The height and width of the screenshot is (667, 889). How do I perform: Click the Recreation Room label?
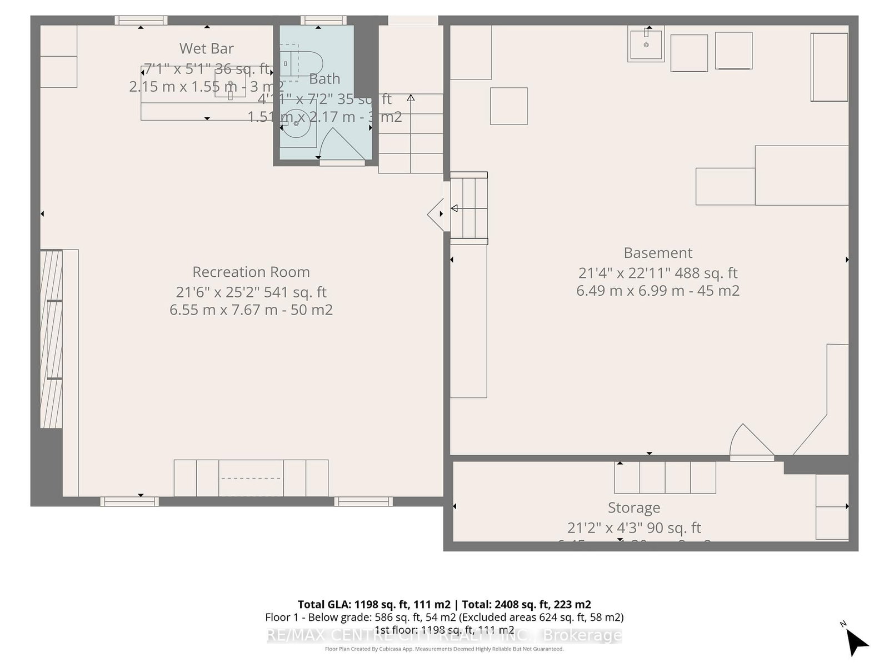point(251,272)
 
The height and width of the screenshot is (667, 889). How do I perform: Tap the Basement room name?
point(658,253)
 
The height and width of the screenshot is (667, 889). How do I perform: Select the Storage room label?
point(634,507)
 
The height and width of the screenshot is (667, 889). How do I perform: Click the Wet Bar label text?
point(207,48)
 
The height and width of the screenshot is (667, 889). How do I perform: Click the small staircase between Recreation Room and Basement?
point(468,208)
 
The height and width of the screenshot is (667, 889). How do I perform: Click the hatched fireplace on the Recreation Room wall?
point(51,339)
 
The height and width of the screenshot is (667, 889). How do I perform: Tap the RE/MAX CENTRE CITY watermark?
point(444,635)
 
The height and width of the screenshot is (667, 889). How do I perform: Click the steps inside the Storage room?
point(665,477)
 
